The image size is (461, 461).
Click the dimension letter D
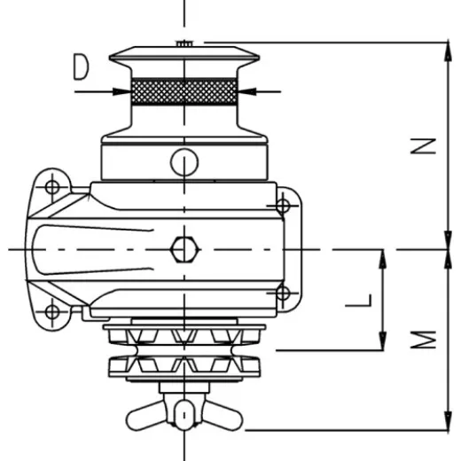tap(82, 66)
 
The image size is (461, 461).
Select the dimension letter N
tap(426, 145)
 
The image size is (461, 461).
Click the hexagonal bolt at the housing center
tap(184, 249)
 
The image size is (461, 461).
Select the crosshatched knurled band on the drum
tap(184, 90)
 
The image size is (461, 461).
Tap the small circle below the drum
tap(184, 162)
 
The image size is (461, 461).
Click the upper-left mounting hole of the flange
tap(52, 187)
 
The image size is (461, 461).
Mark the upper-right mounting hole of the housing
tap(283, 206)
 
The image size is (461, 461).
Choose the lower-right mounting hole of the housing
tap(283, 293)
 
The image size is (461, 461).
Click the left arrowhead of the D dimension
tap(123, 90)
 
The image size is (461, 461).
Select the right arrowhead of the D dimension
tap(245, 90)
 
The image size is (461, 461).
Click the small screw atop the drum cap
tap(184, 43)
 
